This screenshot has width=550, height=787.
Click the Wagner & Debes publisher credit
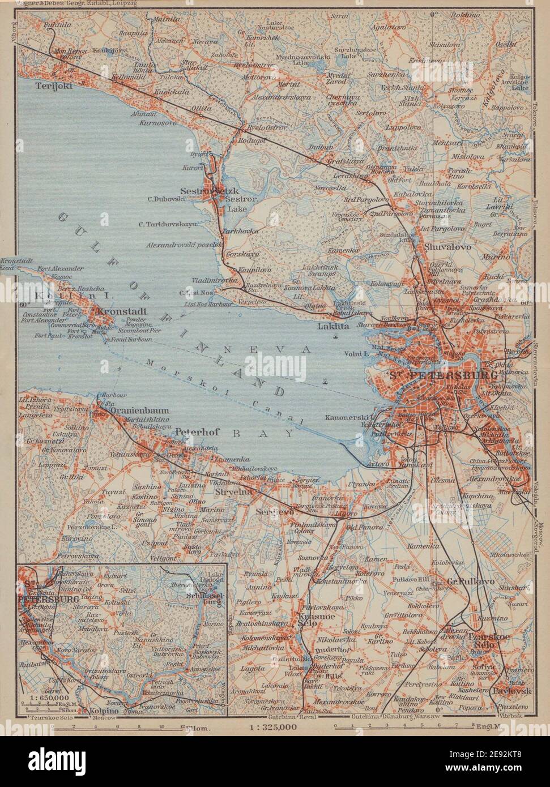tap(70, 4)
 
